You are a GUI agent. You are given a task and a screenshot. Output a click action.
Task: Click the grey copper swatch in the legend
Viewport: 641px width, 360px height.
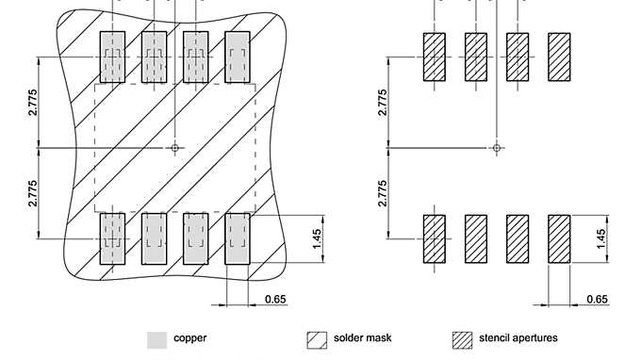click(x=157, y=340)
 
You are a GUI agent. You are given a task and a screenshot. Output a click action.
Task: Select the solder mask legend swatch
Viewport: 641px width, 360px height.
click(x=317, y=340)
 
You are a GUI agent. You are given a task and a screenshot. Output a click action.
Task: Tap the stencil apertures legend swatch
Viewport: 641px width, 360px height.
click(x=462, y=340)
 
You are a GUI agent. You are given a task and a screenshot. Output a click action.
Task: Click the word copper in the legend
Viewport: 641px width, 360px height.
click(x=190, y=338)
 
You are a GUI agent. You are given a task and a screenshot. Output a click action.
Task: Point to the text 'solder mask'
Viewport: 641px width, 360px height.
click(x=363, y=338)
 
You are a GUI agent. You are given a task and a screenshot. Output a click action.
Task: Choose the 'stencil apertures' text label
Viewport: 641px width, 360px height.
click(x=518, y=338)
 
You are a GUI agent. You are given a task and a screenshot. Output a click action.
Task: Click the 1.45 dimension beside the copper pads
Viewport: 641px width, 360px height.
click(x=317, y=238)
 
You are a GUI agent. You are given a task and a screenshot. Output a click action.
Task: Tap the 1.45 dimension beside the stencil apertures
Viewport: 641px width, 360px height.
click(x=600, y=238)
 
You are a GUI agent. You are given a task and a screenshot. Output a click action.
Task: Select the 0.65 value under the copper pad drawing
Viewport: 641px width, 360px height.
click(x=275, y=300)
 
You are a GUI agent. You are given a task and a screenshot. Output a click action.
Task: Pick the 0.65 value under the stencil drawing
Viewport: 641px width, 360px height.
click(x=598, y=300)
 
